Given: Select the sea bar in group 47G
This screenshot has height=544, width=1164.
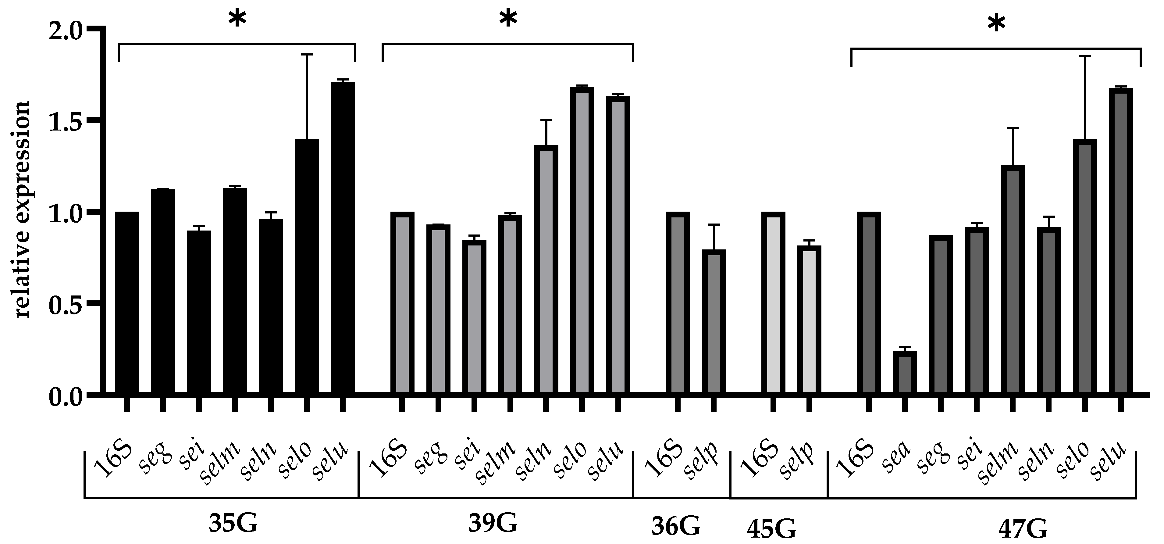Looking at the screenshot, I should point(905,373).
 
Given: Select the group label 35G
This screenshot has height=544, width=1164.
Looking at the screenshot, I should point(233,524).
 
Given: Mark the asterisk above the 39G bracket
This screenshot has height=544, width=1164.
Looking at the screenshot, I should point(508,20).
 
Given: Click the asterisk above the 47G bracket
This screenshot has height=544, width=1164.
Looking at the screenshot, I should point(996,25).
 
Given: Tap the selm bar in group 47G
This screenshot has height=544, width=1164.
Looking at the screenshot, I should point(1013,280).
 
